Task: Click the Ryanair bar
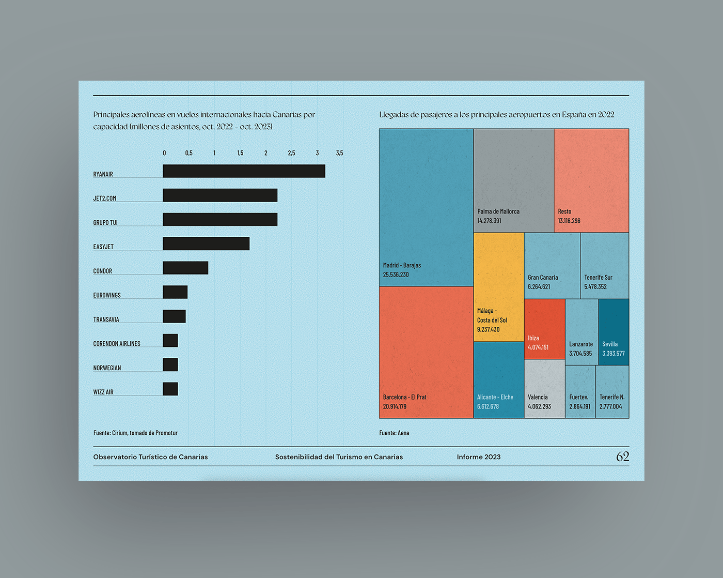244,171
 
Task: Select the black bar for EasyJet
206,244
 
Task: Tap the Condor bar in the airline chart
185,268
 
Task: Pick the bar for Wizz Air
170,389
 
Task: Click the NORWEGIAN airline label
107,368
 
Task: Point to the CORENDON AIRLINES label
117,343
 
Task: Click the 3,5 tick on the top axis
340,153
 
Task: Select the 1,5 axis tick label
240,153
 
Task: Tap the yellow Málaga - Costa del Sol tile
498,287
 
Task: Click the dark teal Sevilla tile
614,332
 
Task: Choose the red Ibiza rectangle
545,329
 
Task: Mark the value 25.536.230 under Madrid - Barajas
396,275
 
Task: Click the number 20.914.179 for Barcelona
395,406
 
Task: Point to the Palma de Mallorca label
498,211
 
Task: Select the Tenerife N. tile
612,392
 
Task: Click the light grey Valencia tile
545,389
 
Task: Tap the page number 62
622,457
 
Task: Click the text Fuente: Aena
394,433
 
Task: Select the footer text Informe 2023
478,457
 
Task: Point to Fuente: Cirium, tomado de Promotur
135,433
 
